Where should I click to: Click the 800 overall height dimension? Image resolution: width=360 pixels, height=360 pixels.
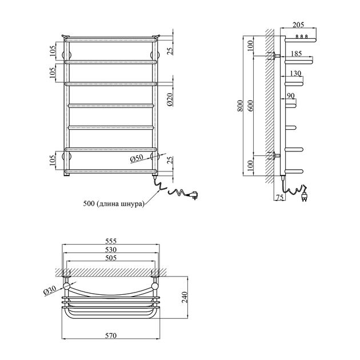240,106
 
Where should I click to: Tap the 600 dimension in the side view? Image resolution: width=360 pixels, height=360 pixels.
250,106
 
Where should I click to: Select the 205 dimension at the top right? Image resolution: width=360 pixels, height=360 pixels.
298,25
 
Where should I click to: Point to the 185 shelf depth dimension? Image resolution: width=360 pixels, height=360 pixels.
296,54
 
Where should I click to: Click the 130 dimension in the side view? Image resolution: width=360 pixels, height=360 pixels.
295,73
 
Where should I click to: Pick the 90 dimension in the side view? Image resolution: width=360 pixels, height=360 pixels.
291,95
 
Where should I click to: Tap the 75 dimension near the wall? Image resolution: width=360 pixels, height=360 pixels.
279,197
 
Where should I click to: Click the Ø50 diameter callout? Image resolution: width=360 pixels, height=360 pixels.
137,158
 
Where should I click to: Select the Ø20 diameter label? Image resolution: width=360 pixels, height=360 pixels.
170,100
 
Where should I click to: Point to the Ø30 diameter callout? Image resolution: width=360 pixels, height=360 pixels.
50,291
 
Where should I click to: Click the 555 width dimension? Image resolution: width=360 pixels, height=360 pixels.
111,241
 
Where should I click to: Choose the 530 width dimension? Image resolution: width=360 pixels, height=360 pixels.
111,249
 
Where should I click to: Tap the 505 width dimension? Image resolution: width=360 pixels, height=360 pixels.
111,258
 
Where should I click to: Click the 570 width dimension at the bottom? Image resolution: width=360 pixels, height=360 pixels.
111,335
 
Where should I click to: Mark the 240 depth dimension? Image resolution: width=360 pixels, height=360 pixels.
185,297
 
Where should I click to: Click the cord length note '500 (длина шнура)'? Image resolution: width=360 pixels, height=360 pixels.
114,204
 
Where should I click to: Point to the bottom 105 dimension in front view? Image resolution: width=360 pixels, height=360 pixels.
53,160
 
